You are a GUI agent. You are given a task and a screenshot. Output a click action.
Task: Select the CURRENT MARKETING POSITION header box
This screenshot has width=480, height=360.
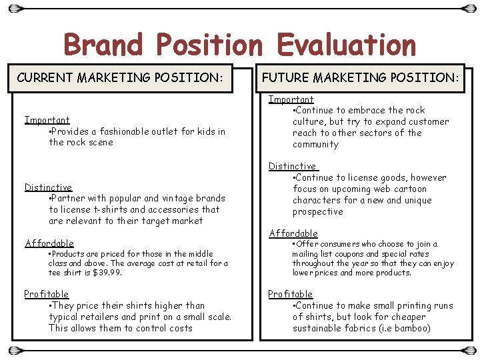click(120, 77)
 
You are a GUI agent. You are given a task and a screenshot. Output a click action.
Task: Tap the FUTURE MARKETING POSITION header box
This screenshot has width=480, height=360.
click(361, 77)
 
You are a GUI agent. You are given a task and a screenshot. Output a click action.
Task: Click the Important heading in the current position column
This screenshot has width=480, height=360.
click(47, 120)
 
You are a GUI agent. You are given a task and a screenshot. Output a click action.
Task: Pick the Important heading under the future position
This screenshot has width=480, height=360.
click(291, 99)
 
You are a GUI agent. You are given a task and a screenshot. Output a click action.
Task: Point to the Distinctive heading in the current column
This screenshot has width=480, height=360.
click(48, 187)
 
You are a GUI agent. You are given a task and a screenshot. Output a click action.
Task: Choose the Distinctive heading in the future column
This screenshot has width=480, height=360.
click(292, 166)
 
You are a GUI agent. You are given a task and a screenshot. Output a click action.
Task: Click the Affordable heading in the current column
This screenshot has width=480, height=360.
click(49, 243)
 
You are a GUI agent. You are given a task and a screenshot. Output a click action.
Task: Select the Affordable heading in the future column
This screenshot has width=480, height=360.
click(293, 233)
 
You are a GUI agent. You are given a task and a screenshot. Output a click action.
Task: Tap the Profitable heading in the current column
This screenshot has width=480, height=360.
click(46, 294)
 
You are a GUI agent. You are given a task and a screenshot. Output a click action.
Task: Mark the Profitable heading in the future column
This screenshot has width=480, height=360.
click(290, 294)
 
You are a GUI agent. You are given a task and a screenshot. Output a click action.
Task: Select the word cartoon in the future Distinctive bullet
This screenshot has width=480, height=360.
click(410, 189)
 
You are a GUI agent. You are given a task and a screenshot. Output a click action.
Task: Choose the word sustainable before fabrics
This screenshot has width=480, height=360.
click(319, 328)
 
